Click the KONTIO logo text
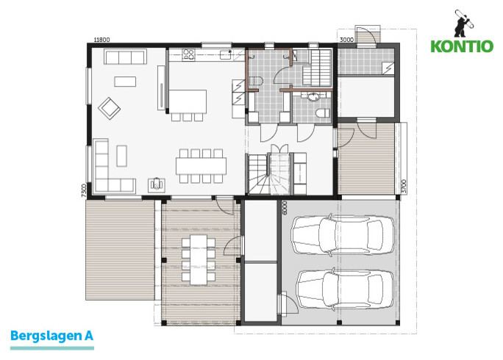click(462, 46)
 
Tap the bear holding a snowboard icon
click(463, 23)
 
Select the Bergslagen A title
click(51, 336)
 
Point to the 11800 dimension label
click(101, 40)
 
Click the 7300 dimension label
click(84, 190)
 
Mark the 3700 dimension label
click(404, 187)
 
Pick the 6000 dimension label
click(285, 208)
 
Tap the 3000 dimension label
click(346, 40)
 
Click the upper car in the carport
click(342, 234)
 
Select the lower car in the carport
click(345, 289)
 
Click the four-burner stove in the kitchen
click(188, 55)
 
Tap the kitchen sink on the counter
click(226, 55)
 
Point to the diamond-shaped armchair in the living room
click(109, 108)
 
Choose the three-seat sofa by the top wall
click(126, 57)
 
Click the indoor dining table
click(201, 166)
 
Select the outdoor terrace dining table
click(199, 259)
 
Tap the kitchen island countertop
click(188, 101)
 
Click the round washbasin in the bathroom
click(313, 96)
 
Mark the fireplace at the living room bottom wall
click(157, 185)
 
